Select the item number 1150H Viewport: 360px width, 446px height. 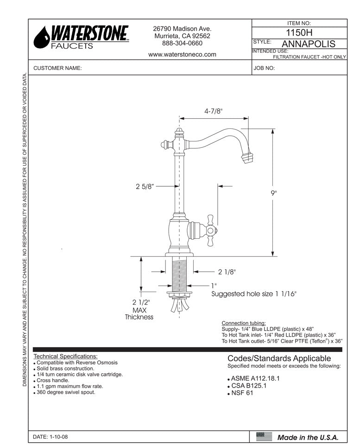pyautogui.click(x=299, y=33)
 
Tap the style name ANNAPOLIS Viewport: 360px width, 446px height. pyautogui.click(x=308, y=44)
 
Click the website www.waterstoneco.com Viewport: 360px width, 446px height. pyautogui.click(x=182, y=54)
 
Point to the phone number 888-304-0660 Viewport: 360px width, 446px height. pyautogui.click(x=182, y=43)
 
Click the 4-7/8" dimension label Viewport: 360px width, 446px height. pyautogui.click(x=214, y=111)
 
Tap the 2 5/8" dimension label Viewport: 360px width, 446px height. pyautogui.click(x=145, y=186)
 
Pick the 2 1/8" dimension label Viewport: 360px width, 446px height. pyautogui.click(x=227, y=272)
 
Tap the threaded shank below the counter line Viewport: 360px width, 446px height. pyautogui.click(x=178, y=274)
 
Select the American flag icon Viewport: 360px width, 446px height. pyautogui.click(x=264, y=436)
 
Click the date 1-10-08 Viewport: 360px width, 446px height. pyautogui.click(x=51, y=437)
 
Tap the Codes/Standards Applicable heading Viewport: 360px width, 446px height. pyautogui.click(x=279, y=358)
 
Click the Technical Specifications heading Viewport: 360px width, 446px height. pyautogui.click(x=65, y=356)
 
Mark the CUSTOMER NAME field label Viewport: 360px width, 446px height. pyautogui.click(x=57, y=68)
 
